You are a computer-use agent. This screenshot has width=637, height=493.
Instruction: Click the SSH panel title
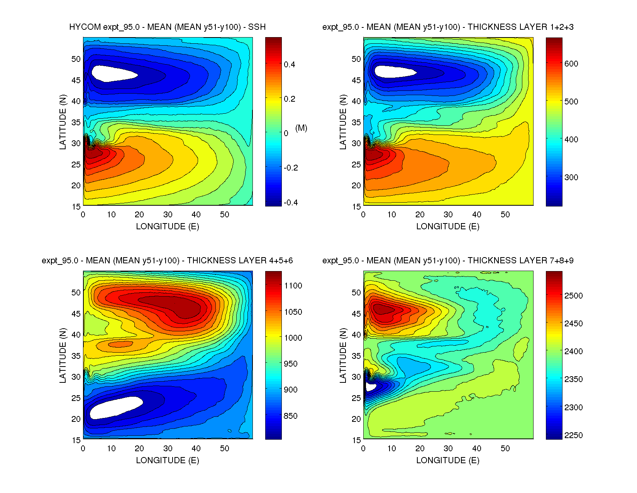pyautogui.click(x=167, y=27)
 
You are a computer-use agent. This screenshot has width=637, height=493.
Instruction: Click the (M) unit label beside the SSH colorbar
pyautogui.click(x=301, y=128)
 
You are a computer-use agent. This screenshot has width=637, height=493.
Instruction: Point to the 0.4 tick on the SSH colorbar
pyautogui.click(x=290, y=65)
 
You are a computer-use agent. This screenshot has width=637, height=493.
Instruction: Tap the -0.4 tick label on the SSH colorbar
pyautogui.click(x=291, y=203)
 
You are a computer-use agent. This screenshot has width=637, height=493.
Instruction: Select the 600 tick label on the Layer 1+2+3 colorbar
pyautogui.click(x=571, y=64)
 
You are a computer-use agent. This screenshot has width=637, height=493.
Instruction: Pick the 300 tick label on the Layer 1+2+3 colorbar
pyautogui.click(x=571, y=177)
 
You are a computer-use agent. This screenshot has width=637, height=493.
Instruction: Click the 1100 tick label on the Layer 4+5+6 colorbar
pyautogui.click(x=293, y=286)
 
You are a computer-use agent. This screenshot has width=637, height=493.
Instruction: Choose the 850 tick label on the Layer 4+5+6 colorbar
pyautogui.click(x=291, y=416)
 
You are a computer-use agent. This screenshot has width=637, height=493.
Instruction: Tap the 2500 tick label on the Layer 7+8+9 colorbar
pyautogui.click(x=573, y=296)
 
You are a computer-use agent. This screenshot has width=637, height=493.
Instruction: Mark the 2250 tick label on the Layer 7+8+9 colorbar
pyautogui.click(x=573, y=435)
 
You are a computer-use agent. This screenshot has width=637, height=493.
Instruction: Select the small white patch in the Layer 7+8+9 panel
pyautogui.click(x=370, y=386)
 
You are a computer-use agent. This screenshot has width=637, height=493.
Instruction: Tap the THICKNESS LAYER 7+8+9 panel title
pyautogui.click(x=448, y=261)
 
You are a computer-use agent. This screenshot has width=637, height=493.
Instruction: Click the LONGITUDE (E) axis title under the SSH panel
pyautogui.click(x=168, y=227)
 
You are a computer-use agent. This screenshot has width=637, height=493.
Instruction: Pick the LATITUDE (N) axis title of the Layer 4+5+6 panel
pyautogui.click(x=63, y=355)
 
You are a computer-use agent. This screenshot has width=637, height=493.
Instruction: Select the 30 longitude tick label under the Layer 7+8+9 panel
pyautogui.click(x=448, y=449)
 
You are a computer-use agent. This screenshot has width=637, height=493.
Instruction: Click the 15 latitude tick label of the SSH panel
pyautogui.click(x=76, y=206)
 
